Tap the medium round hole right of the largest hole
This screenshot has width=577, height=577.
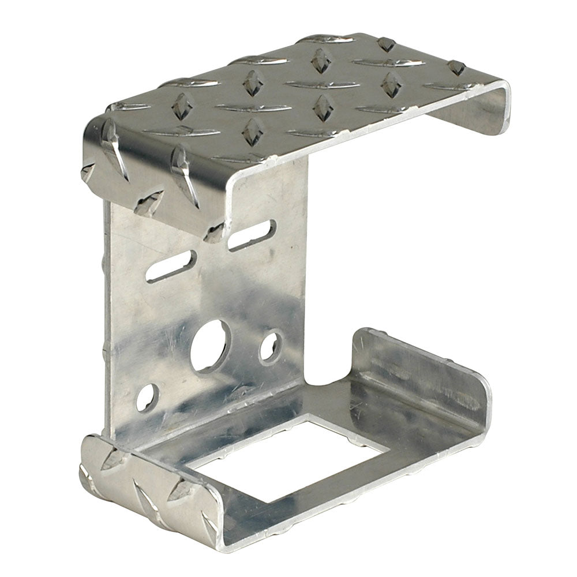coord(270,346)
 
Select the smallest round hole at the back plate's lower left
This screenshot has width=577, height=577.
coord(148,396)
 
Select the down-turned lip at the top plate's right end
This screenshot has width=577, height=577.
coord(473,115)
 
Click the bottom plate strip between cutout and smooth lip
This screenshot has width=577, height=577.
coord(381,427)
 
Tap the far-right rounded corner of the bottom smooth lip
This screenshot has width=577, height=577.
coord(488,398)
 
